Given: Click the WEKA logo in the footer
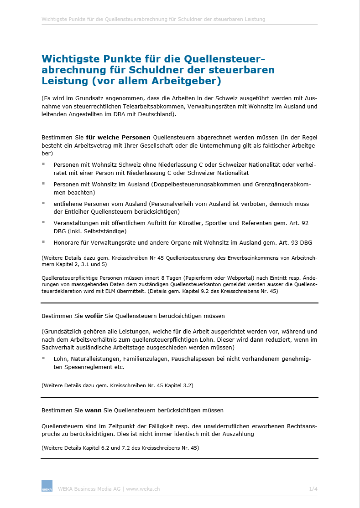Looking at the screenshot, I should point(47,486).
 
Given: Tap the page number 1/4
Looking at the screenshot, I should point(313,489).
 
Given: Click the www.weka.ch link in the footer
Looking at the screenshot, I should point(143,489).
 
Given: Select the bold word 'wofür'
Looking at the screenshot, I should point(94,316).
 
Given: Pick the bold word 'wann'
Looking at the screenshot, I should point(93,411).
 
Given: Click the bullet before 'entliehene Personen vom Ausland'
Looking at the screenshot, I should point(43,203).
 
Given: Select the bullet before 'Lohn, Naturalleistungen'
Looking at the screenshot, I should point(43,358).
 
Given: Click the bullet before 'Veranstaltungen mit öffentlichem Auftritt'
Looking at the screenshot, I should point(43,222).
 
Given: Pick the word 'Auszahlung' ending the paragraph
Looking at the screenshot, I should point(238,434).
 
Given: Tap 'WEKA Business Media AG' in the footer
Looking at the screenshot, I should point(89,489).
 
